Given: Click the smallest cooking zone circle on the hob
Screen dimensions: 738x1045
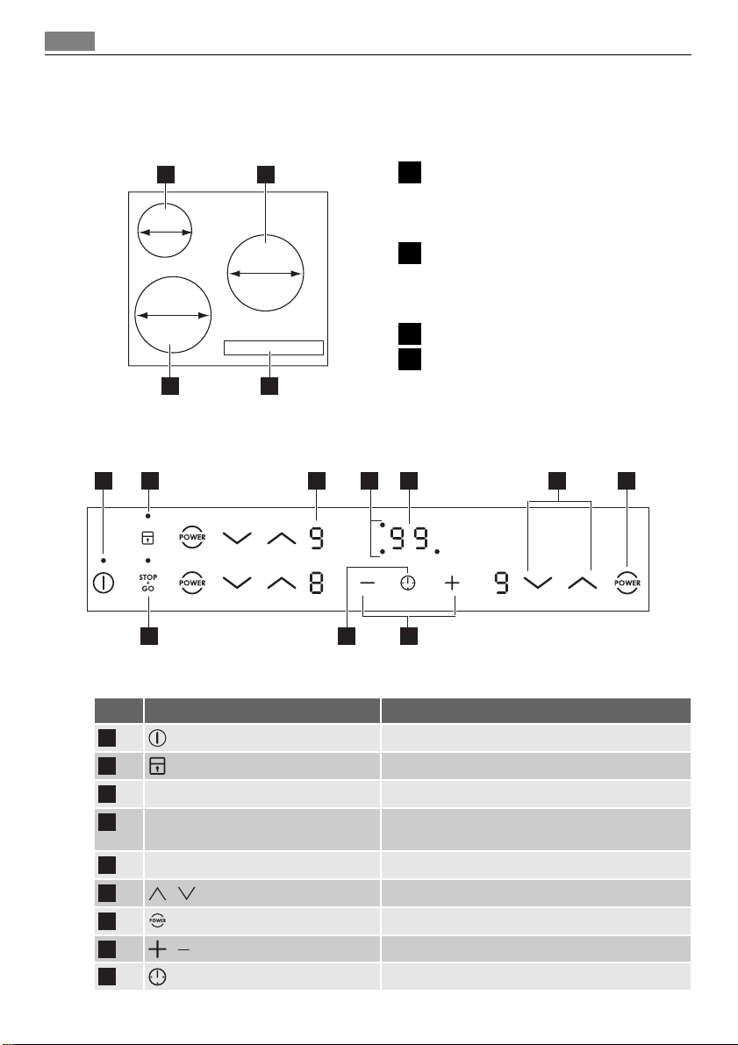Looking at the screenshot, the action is tap(164, 231).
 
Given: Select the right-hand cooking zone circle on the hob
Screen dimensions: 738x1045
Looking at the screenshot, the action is tap(265, 273).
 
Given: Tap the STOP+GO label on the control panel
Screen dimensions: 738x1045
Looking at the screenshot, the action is tap(147, 582).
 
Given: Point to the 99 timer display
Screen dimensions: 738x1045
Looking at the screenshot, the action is tap(410, 538).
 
